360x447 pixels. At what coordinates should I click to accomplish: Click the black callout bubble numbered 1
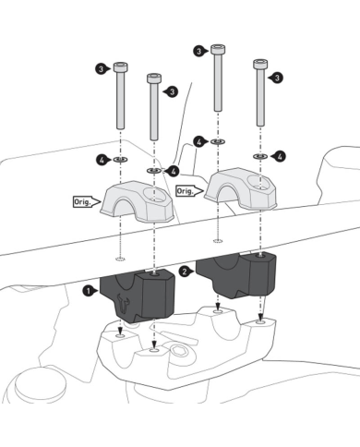coord(90,291)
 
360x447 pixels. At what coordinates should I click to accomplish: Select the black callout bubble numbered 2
coord(186,272)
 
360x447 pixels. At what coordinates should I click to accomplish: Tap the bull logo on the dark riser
coord(123,303)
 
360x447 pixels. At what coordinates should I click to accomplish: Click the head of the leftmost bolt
coord(121,67)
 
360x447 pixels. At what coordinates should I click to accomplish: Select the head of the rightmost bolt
coord(260,64)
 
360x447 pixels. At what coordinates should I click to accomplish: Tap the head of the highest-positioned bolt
coord(218,50)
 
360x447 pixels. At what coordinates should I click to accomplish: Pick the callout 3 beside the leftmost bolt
coord(102,68)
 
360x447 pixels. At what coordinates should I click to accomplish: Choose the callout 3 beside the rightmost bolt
coord(276,78)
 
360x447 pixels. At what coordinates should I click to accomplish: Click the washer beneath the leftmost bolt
coord(121,160)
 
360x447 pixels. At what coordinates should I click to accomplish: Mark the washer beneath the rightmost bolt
coord(260,156)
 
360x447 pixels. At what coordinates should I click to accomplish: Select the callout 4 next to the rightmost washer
coord(279,157)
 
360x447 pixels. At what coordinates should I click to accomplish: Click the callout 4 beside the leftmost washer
coord(103,160)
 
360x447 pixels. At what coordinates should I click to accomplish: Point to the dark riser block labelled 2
coord(236,274)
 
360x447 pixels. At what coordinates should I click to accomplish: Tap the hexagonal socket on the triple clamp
coord(178,350)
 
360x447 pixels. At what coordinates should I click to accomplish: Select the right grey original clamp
coord(241,188)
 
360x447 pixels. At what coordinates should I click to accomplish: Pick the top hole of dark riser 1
coord(154,273)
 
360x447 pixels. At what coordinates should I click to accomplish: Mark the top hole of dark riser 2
coord(261,255)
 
